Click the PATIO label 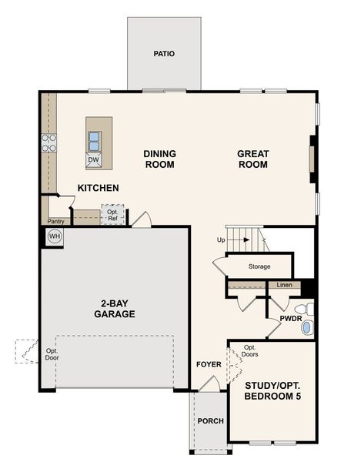tap(164, 54)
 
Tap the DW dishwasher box tap(93, 160)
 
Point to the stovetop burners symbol tap(48, 142)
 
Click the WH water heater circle tap(54, 236)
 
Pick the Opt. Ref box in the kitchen tap(112, 215)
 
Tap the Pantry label tap(55, 222)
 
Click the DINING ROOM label tap(159, 159)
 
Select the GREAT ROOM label tap(252, 159)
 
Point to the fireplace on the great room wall tap(312, 159)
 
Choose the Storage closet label tap(259, 267)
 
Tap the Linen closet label tap(283, 286)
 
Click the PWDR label tap(290, 318)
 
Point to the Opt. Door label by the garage tap(52, 355)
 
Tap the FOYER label tap(209, 364)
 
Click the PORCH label tap(209, 421)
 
